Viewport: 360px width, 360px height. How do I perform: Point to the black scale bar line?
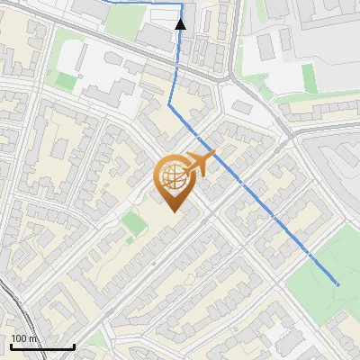tap(42, 346)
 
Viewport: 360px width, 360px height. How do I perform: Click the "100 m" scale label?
tap(24, 338)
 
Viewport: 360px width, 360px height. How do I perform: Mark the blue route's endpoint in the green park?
tap(338, 284)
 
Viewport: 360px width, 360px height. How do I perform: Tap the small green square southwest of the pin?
tap(133, 223)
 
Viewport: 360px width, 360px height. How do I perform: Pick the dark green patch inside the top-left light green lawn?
tap(66, 80)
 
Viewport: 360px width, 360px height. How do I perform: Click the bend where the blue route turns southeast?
tap(169, 105)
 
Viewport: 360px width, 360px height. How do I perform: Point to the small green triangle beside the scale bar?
tap(95, 341)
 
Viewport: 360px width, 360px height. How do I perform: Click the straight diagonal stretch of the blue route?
tap(252, 193)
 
